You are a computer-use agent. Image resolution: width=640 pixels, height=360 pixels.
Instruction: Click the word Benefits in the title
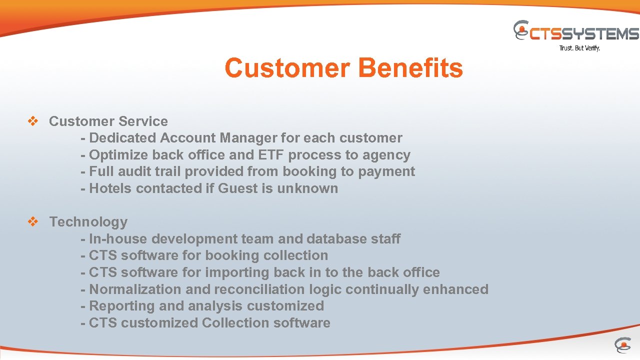(x=410, y=68)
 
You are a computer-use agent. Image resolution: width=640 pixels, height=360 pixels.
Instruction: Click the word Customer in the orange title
(x=288, y=68)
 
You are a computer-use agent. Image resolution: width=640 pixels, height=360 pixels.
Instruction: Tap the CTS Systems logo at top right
(x=576, y=32)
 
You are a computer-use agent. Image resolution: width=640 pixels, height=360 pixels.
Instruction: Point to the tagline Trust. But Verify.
(x=579, y=48)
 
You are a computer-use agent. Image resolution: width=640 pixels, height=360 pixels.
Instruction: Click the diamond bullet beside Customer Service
(x=33, y=121)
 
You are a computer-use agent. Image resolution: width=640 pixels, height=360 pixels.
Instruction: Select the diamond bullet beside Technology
(x=33, y=222)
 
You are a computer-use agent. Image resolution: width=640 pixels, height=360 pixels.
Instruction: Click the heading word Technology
(x=88, y=222)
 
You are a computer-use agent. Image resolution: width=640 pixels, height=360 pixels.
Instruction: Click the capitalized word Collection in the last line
(x=235, y=323)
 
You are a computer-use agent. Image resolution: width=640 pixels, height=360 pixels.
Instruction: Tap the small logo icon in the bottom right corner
(x=622, y=345)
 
